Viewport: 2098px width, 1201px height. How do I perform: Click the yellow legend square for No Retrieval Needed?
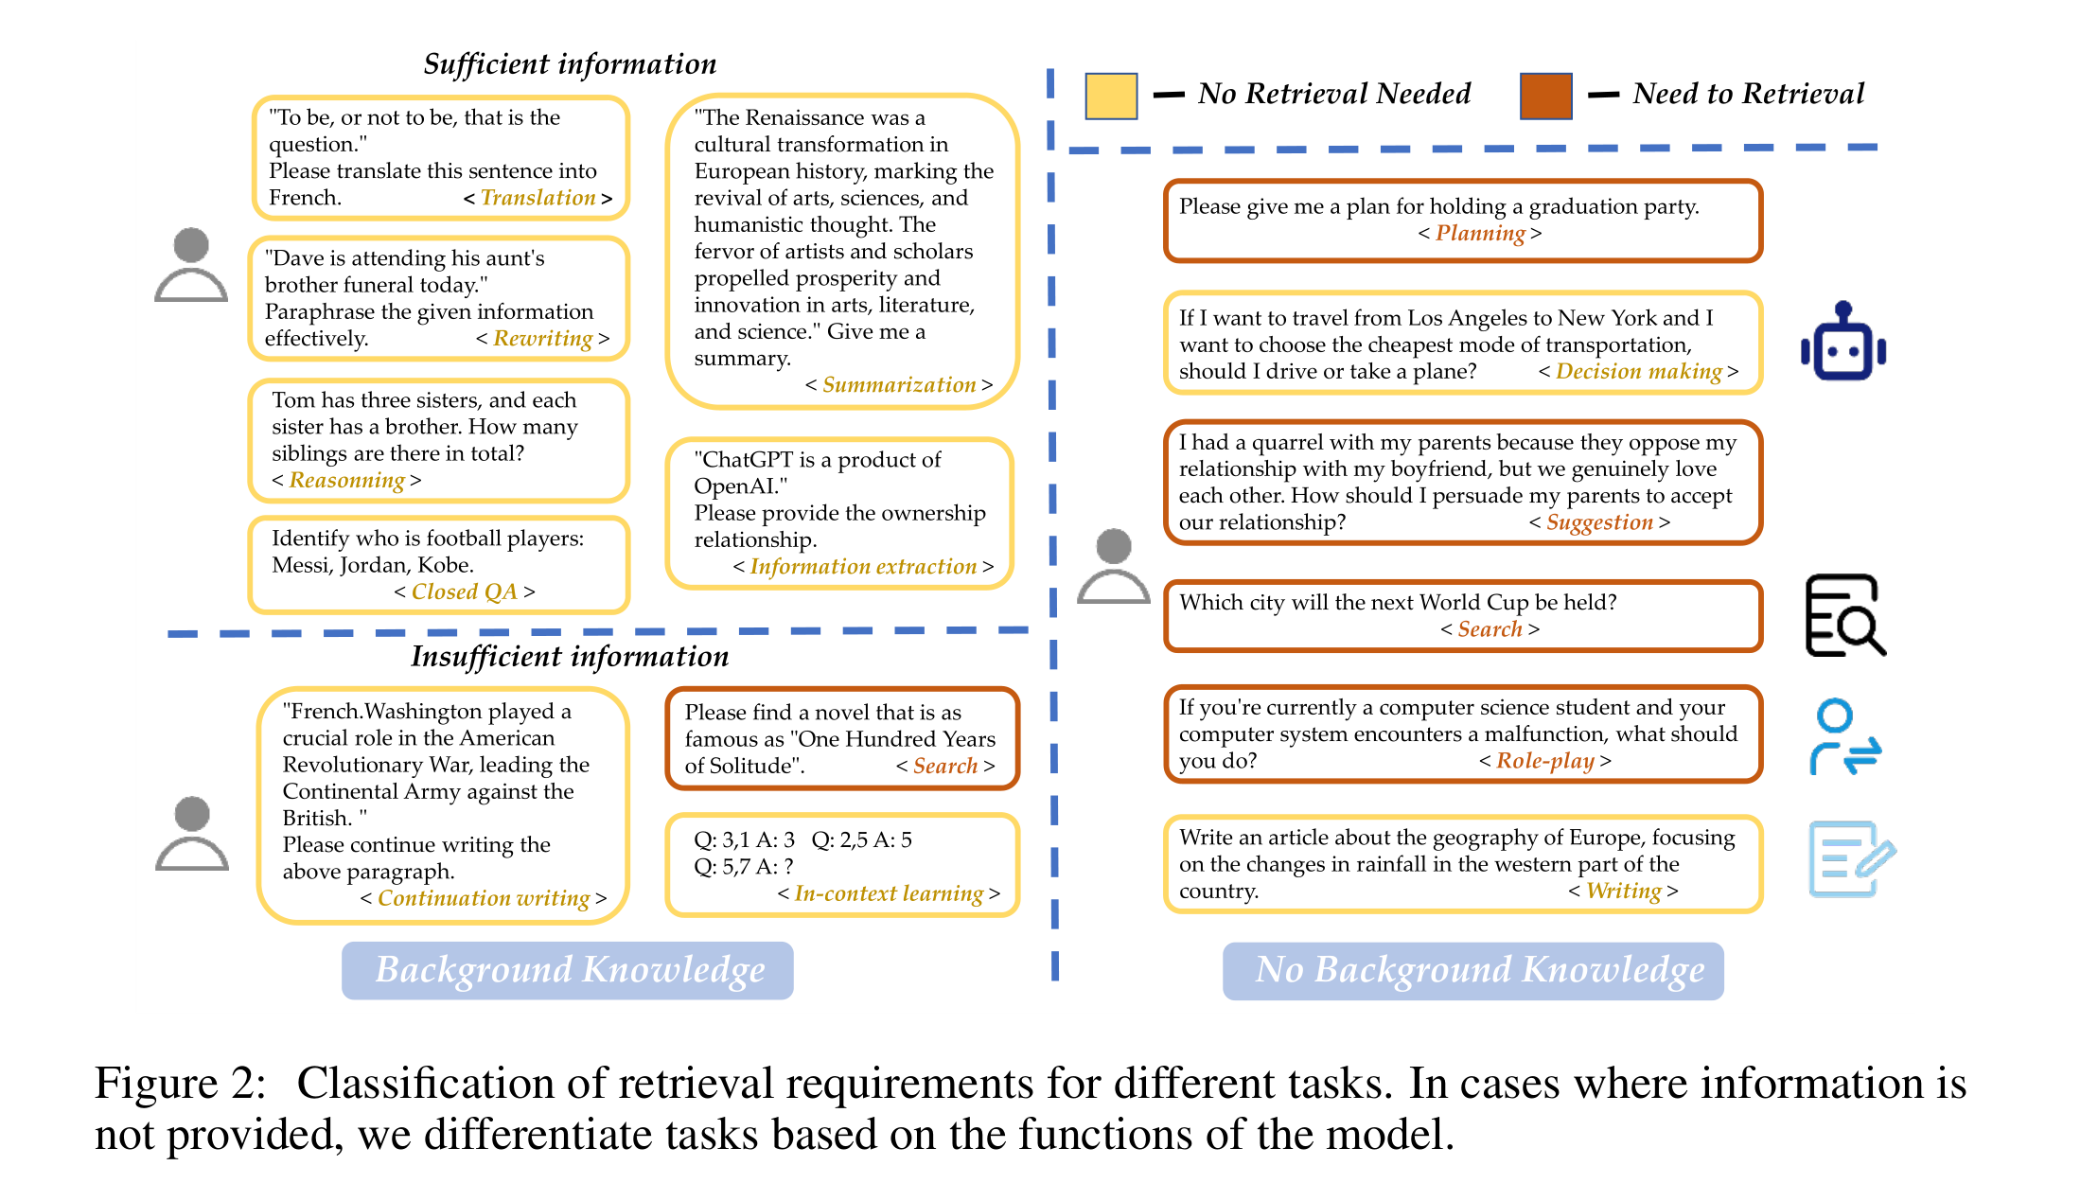click(x=1110, y=96)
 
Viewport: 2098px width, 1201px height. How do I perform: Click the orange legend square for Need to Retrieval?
click(x=1545, y=96)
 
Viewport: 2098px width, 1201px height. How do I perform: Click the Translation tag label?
click(x=538, y=198)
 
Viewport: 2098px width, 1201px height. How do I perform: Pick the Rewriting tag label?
click(x=542, y=339)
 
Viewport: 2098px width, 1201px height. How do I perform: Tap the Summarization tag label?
click(x=898, y=385)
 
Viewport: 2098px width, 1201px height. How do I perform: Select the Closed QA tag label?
click(x=464, y=592)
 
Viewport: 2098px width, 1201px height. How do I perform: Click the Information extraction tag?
click(x=862, y=567)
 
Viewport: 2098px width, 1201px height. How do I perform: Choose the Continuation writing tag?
click(x=483, y=898)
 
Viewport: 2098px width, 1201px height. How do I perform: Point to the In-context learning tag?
click(x=888, y=893)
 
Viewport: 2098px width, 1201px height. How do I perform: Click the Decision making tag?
click(x=1638, y=372)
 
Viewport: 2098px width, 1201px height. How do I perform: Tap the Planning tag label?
click(x=1479, y=234)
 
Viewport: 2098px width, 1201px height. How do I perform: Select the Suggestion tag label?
click(x=1599, y=522)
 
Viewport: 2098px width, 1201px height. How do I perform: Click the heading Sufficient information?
click(x=570, y=64)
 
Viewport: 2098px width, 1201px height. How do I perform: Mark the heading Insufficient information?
click(x=570, y=657)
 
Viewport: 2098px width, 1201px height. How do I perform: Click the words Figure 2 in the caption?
click(x=180, y=1084)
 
